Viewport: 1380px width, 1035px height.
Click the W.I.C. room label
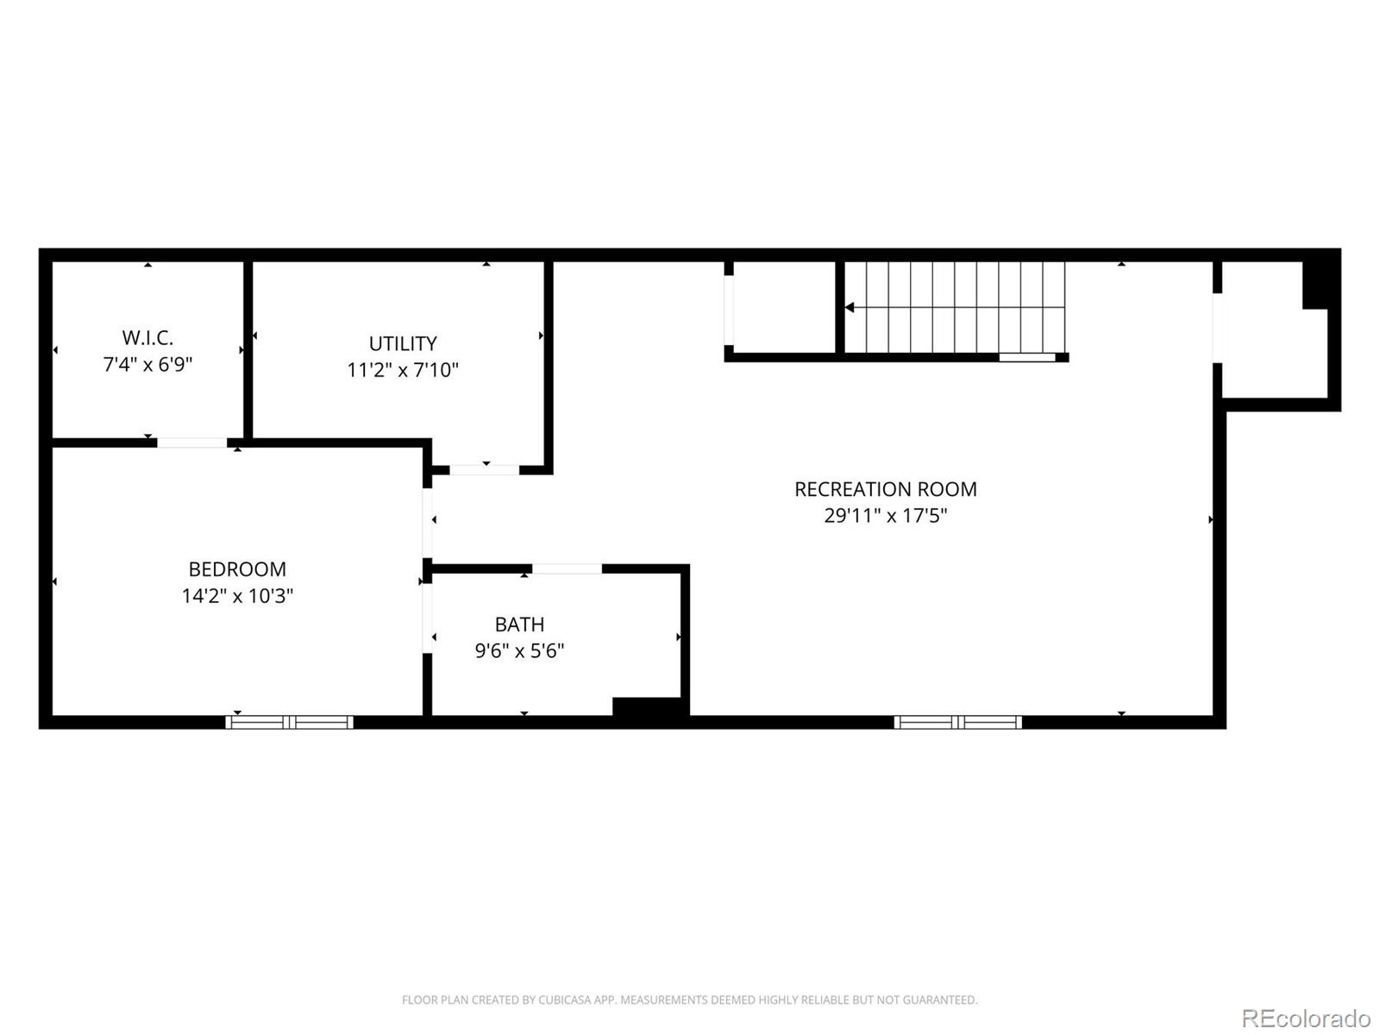click(147, 337)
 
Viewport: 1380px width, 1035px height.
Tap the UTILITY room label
click(403, 343)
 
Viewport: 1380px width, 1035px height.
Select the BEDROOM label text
click(237, 569)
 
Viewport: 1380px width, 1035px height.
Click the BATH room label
click(519, 624)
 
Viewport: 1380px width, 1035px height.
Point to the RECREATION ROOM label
click(885, 489)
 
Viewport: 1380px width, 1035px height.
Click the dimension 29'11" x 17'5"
click(885, 516)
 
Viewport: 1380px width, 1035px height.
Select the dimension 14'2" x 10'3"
click(237, 596)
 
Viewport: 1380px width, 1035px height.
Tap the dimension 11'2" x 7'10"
click(403, 370)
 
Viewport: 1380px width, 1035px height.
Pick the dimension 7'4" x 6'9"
click(147, 364)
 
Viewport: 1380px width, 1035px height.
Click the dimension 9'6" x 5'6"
click(519, 650)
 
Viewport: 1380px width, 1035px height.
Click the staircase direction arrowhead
click(850, 307)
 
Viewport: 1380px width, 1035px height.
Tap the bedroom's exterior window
click(290, 722)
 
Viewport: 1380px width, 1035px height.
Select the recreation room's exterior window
click(957, 722)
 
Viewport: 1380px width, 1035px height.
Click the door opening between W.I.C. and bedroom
click(191, 442)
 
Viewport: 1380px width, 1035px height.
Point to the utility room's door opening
click(484, 470)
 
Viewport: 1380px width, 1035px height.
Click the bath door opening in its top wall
click(567, 568)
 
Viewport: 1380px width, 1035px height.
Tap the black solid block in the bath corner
click(648, 706)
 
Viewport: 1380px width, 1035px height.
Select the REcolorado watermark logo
click(1306, 1018)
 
